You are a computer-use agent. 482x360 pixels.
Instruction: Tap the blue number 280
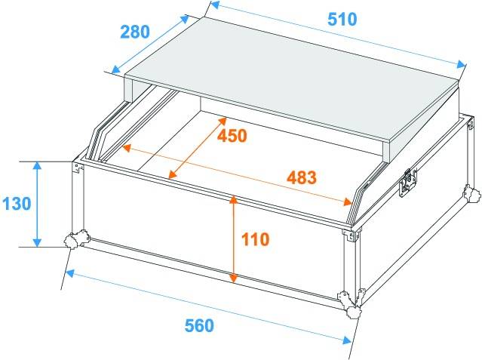[135, 32]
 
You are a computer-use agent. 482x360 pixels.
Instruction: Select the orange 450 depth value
[232, 135]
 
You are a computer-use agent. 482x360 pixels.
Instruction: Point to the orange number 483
[301, 178]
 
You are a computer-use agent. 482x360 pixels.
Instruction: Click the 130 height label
[17, 204]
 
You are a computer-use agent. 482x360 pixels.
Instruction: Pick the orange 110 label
[256, 240]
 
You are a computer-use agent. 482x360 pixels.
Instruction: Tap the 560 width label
[199, 326]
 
